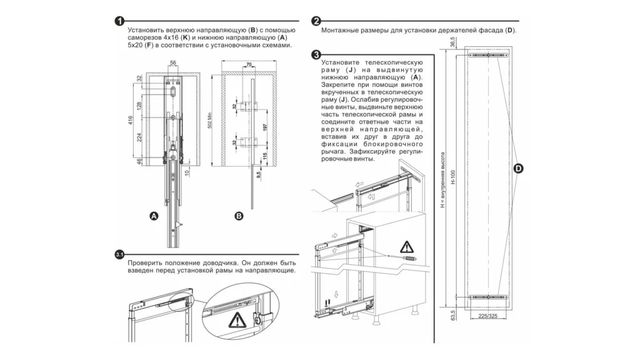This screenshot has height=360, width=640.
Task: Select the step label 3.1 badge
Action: [x=119, y=254]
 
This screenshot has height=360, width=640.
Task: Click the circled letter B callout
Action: [x=239, y=216]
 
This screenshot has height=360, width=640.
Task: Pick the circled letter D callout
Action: [x=519, y=168]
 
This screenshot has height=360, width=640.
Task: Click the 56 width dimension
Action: [x=173, y=62]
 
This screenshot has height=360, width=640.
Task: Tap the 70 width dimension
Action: [x=248, y=64]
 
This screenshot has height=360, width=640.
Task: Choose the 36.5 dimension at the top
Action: [x=452, y=43]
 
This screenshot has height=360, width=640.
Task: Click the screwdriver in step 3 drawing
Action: [x=405, y=257]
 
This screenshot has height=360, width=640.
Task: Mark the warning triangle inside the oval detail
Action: [x=237, y=321]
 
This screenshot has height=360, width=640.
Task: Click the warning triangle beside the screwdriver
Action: [x=407, y=246]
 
